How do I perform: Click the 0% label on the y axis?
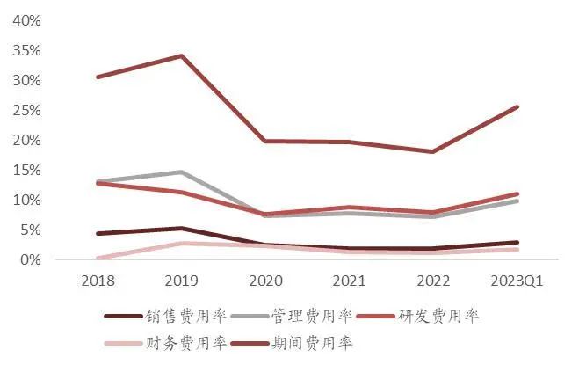[x=30, y=259]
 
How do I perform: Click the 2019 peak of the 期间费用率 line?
[x=182, y=56]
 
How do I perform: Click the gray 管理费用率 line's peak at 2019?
[x=182, y=172]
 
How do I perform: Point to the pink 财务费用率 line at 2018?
[x=98, y=259]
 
